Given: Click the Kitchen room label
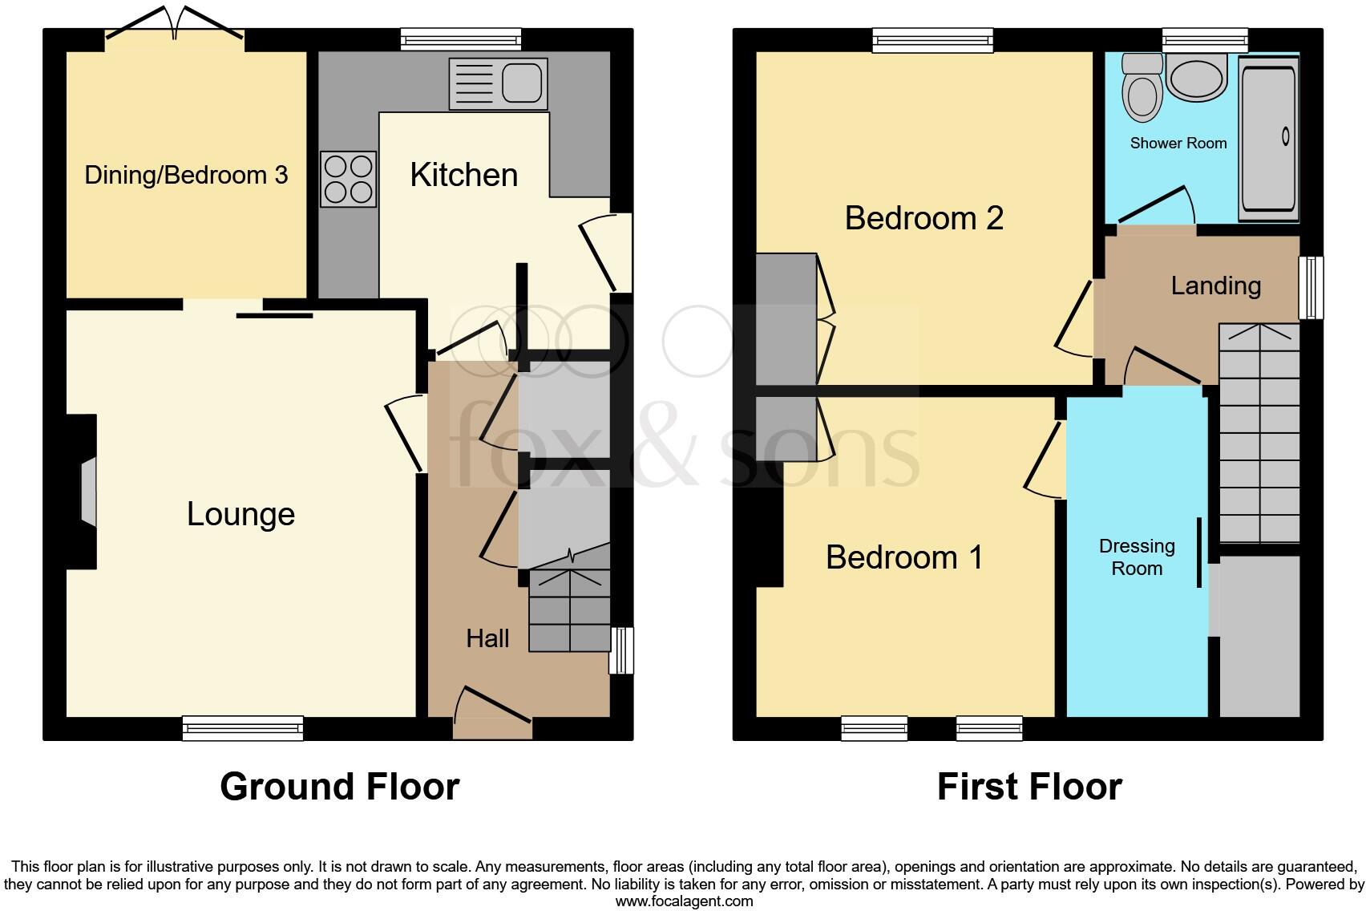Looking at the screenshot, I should (x=463, y=175).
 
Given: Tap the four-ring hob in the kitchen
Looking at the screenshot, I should (x=349, y=179).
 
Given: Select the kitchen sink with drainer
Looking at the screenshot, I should (x=498, y=83).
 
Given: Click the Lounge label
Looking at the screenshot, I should (x=240, y=514).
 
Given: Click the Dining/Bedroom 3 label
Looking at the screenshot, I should (x=186, y=175).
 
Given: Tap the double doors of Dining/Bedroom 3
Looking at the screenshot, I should (x=175, y=24).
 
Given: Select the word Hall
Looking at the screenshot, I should (x=487, y=638).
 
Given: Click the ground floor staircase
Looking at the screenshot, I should (x=569, y=609).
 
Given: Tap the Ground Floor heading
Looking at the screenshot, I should (x=339, y=787).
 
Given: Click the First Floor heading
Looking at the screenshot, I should (x=1029, y=787).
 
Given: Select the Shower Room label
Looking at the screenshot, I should (x=1178, y=144).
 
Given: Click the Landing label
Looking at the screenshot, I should (x=1215, y=285).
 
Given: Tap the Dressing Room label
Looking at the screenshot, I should (x=1137, y=557).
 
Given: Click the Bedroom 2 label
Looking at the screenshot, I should (x=923, y=218).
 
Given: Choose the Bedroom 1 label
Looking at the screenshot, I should (x=903, y=557).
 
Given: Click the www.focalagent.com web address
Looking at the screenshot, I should (x=684, y=901).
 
